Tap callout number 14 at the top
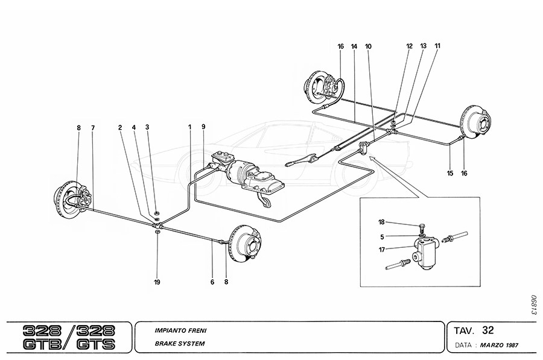[x=354, y=46]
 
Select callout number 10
[x=369, y=46]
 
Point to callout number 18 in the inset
[x=382, y=223]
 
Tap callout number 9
[x=204, y=127]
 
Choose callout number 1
[x=189, y=127]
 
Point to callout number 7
[x=93, y=127]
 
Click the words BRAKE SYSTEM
[x=180, y=343]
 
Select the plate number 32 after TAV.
[x=488, y=330]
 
